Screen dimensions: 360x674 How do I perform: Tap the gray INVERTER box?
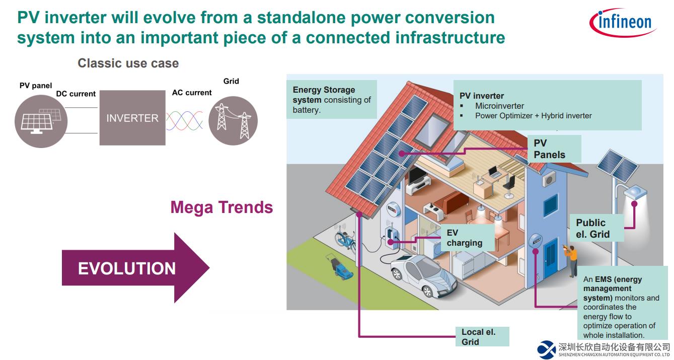pos(132,118)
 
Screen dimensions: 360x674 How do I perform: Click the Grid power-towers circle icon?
pos(233,121)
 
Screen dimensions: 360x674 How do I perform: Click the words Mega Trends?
pos(221,207)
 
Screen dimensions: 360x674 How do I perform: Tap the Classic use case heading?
pos(128,63)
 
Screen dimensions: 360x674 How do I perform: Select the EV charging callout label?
pos(464,238)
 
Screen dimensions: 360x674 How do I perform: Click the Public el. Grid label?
pos(593,229)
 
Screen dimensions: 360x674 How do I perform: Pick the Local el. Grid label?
pos(480,337)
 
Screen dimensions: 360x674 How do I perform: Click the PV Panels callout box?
pos(550,149)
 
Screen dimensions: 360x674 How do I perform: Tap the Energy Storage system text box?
pos(331,100)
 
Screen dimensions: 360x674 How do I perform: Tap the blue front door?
pos(551,259)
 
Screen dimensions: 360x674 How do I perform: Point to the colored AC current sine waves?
pos(184,121)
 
